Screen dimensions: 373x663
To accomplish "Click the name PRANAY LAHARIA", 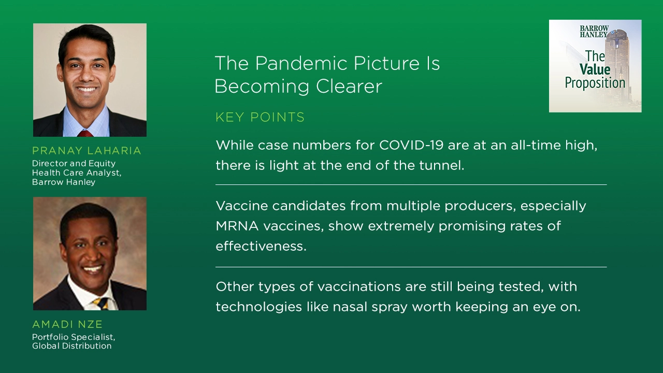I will click(x=87, y=151).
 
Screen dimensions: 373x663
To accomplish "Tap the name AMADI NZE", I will click(x=67, y=324).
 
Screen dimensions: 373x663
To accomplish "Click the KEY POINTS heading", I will click(x=260, y=118).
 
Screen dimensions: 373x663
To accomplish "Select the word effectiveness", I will click(x=261, y=246).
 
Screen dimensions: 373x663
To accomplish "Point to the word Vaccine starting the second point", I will click(x=241, y=206).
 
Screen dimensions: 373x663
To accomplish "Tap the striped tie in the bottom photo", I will click(x=100, y=303).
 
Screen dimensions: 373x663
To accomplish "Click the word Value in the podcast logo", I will click(x=595, y=69).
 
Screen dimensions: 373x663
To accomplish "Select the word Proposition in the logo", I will click(x=595, y=82).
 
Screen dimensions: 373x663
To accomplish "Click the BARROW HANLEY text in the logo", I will click(x=594, y=31).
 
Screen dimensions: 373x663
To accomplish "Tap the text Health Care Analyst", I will click(x=76, y=173).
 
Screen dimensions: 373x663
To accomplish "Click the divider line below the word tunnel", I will click(x=411, y=184).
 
